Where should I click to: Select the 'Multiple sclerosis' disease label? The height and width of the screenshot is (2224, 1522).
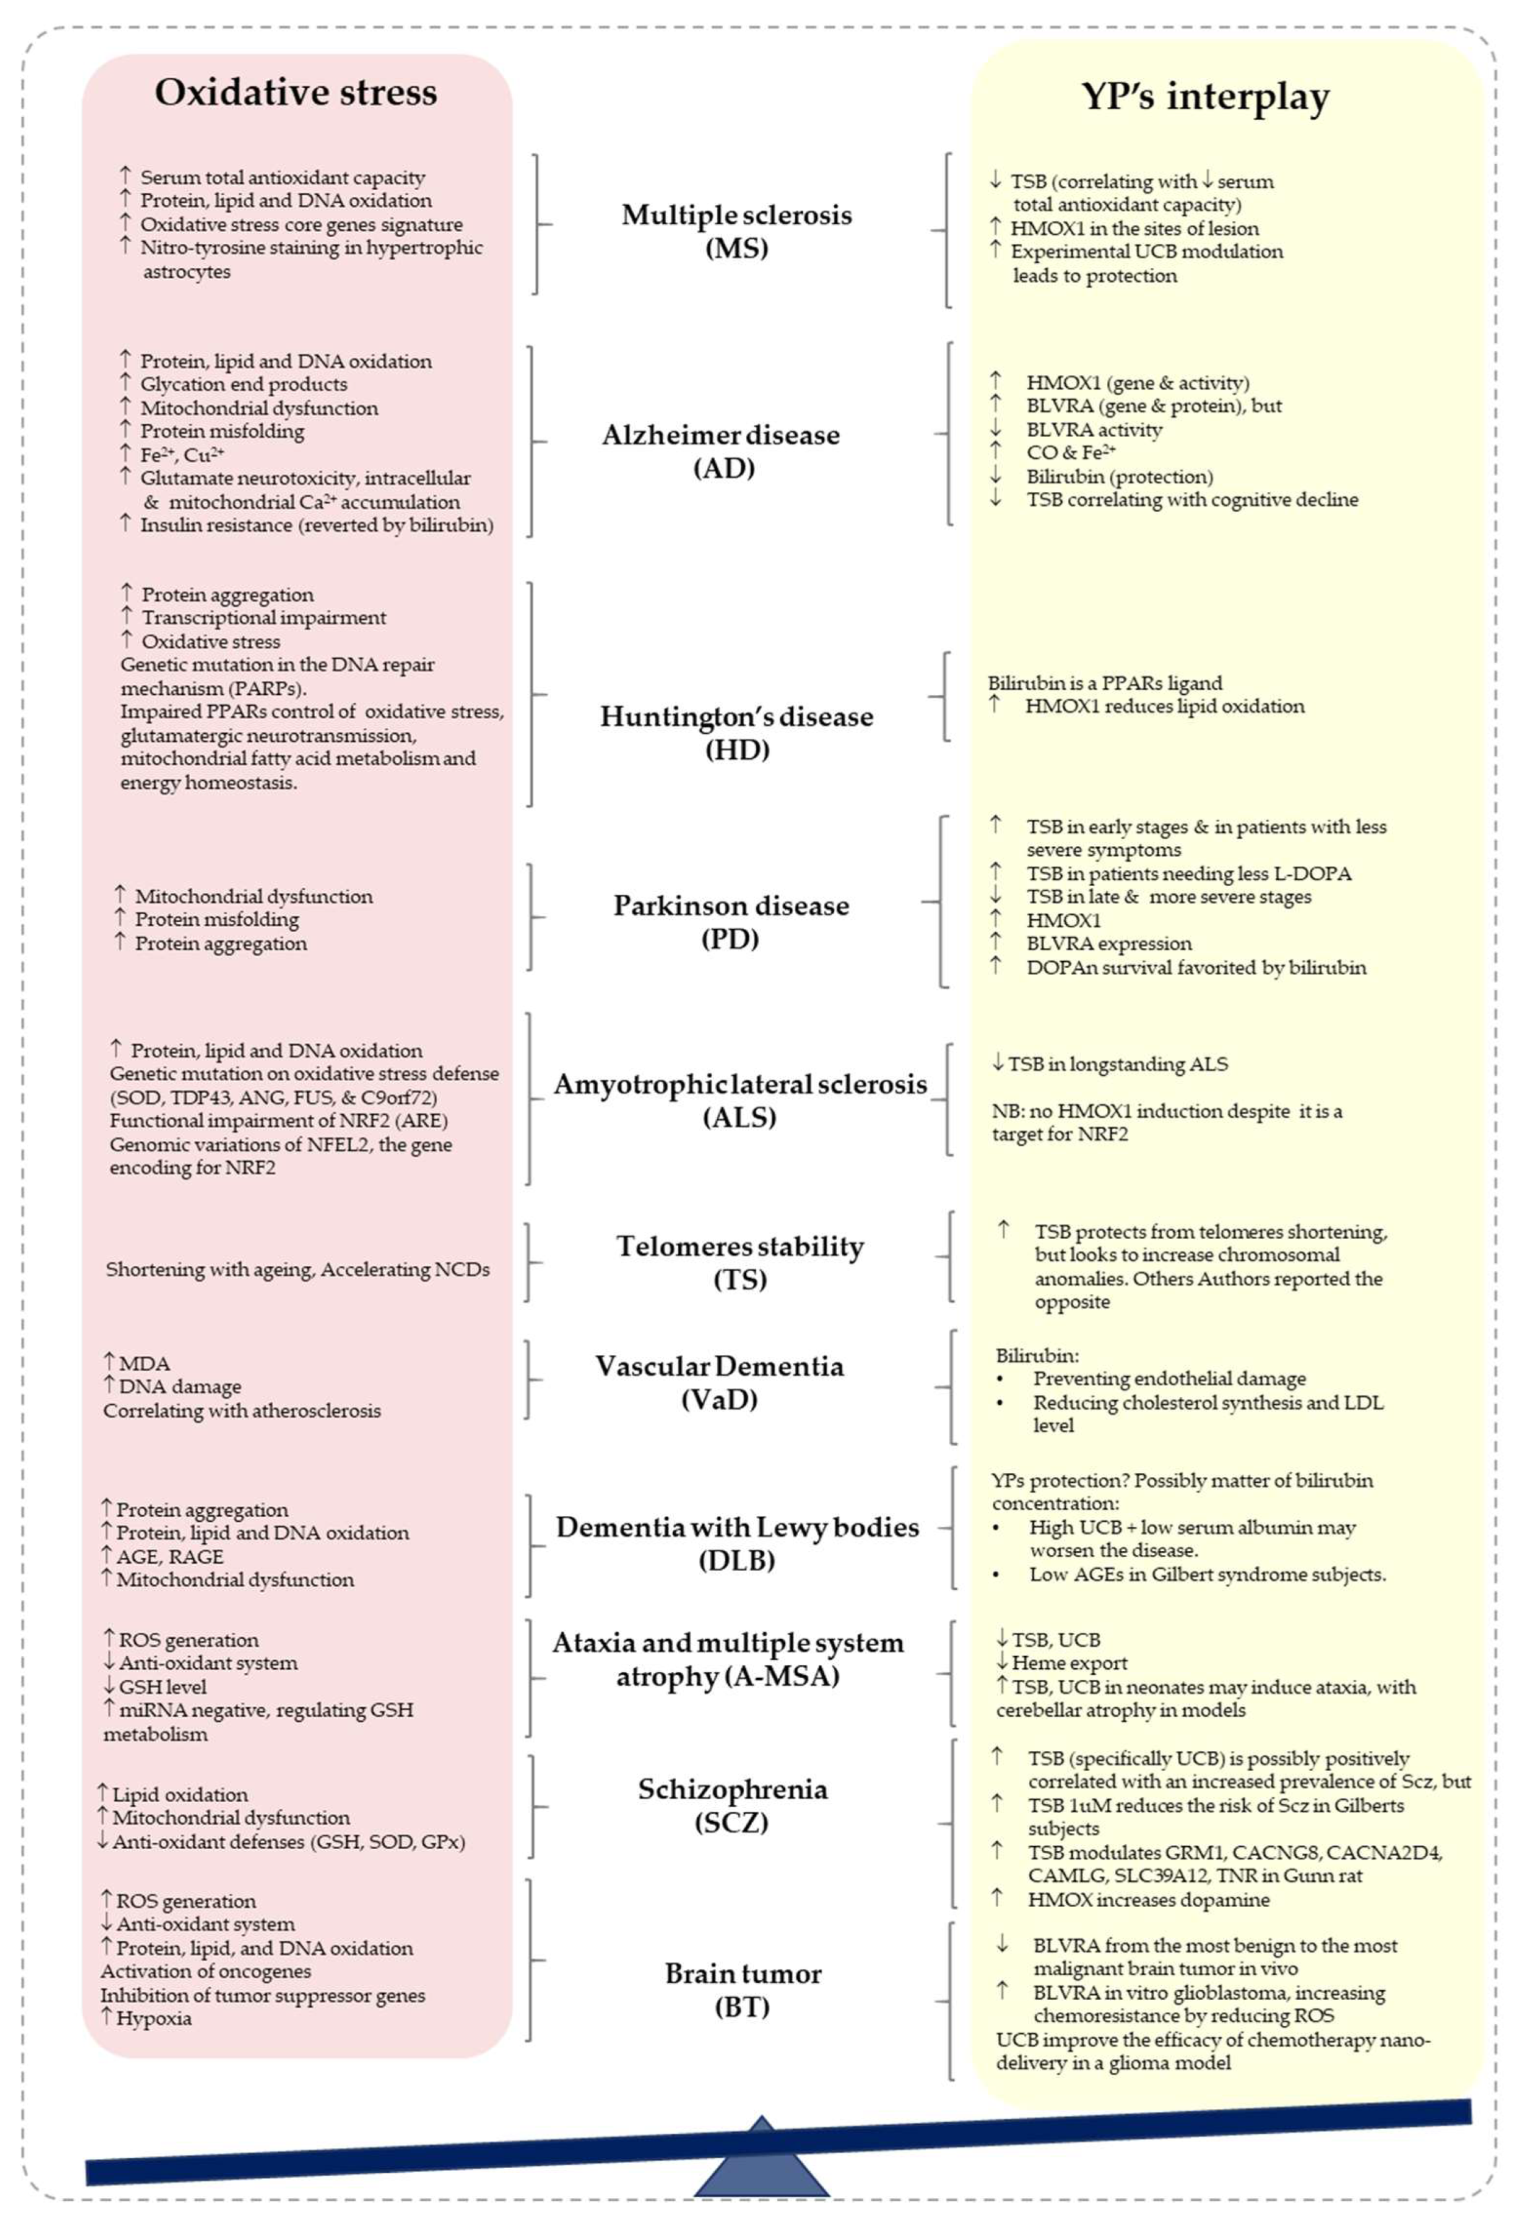tap(736, 215)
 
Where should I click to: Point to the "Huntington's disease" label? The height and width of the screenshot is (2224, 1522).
tap(736, 717)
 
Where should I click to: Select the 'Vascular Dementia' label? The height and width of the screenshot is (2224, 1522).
tap(720, 1366)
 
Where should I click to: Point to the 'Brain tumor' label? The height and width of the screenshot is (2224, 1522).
tap(743, 1974)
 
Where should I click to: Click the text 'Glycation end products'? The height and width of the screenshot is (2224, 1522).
tap(243, 385)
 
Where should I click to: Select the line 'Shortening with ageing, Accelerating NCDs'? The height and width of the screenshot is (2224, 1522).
tap(297, 1270)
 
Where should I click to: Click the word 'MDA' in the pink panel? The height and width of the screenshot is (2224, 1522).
tap(144, 1363)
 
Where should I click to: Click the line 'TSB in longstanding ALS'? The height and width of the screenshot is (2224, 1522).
tap(1117, 1064)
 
